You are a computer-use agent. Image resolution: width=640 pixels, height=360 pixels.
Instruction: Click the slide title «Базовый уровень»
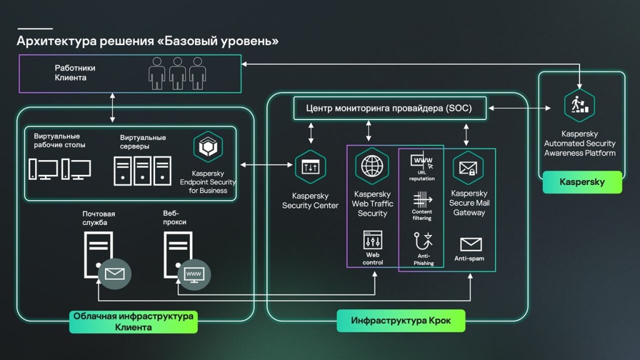click(x=147, y=41)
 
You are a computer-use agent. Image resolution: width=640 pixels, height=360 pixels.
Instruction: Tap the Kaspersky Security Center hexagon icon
click(x=311, y=167)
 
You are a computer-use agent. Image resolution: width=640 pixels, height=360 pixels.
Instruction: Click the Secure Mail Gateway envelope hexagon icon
click(x=468, y=167)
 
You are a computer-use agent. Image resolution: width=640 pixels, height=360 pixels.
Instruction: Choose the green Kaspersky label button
click(x=582, y=182)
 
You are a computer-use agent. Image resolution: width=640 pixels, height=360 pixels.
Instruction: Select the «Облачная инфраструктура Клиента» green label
click(x=133, y=321)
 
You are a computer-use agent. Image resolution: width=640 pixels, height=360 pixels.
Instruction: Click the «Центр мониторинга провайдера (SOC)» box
click(x=389, y=108)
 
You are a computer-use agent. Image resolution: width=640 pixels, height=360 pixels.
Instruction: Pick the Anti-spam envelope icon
click(x=471, y=244)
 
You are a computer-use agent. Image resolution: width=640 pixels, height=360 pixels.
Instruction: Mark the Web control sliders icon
click(x=372, y=241)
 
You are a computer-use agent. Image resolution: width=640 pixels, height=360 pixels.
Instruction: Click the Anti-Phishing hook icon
click(x=423, y=241)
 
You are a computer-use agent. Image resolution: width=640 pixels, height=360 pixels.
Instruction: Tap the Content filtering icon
click(x=422, y=200)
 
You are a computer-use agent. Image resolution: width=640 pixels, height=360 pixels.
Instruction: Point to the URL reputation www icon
click(x=422, y=161)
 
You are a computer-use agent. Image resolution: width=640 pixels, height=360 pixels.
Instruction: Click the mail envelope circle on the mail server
click(x=114, y=273)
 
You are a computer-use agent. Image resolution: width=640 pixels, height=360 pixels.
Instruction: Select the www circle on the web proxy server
click(x=194, y=274)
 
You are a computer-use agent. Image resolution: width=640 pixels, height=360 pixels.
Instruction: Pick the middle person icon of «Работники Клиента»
click(x=177, y=73)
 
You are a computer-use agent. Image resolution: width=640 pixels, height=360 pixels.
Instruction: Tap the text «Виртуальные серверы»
click(x=142, y=142)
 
